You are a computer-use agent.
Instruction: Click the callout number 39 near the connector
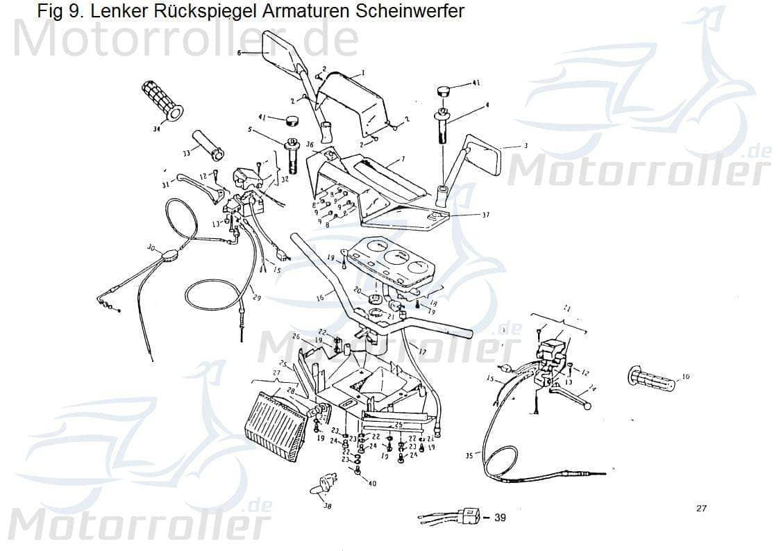499,518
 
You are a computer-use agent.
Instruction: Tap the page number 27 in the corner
701,509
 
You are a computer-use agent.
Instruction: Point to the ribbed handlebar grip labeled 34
160,100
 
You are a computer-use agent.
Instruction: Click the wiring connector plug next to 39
471,516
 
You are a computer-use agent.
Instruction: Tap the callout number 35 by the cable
470,456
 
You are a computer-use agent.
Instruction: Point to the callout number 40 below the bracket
371,484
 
